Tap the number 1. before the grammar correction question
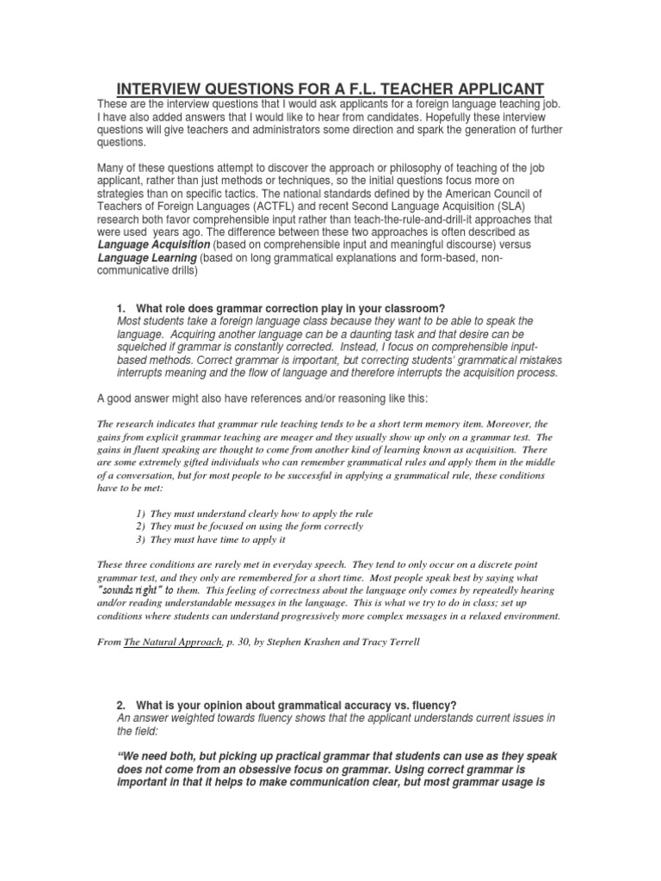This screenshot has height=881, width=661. (x=121, y=309)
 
